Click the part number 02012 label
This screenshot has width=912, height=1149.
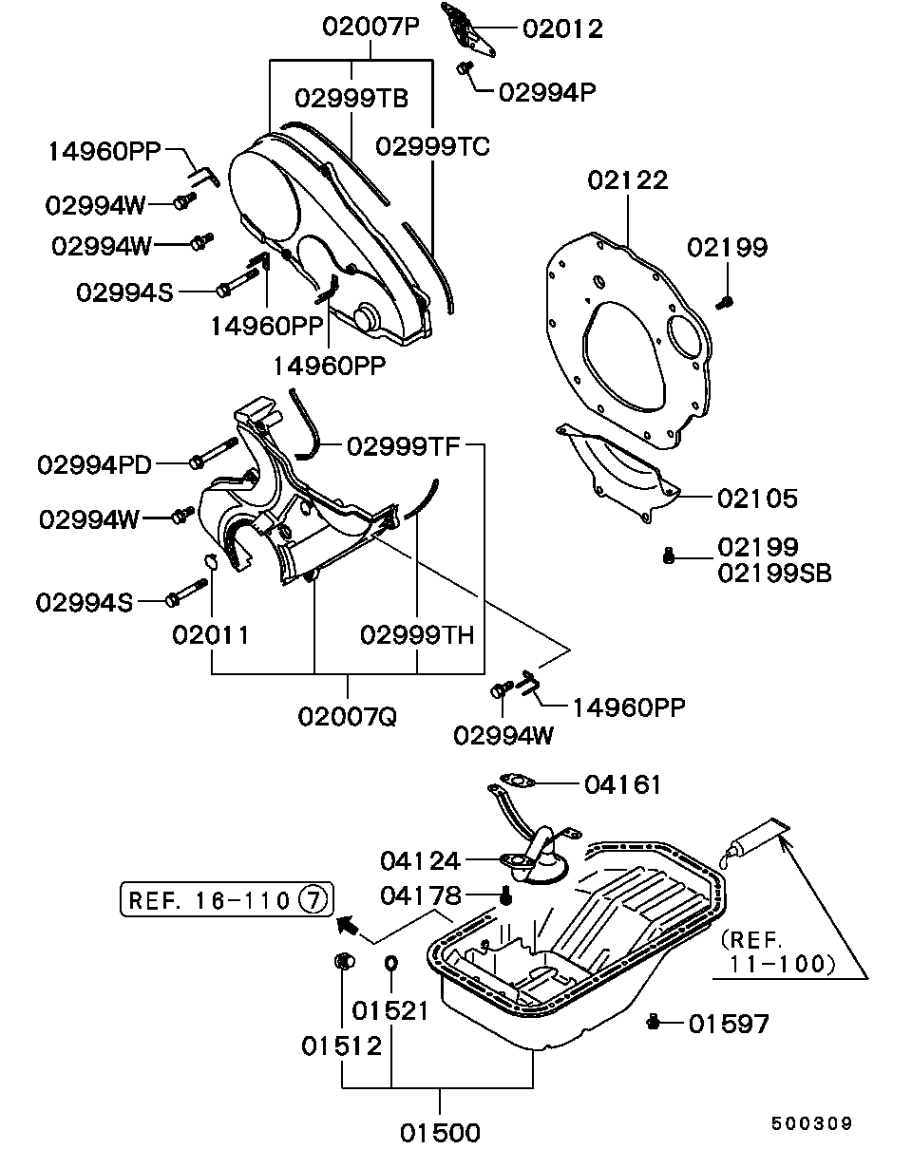(x=562, y=28)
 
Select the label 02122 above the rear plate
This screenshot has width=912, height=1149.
(x=627, y=179)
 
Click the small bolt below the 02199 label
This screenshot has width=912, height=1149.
(x=724, y=303)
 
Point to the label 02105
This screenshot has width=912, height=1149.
(x=757, y=498)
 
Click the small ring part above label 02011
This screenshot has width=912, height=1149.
(x=213, y=559)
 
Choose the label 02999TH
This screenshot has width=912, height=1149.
(x=416, y=634)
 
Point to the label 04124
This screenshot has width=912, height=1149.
(x=420, y=860)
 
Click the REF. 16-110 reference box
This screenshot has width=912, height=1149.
(x=226, y=898)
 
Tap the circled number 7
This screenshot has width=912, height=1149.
(x=313, y=898)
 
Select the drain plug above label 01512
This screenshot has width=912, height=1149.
(x=343, y=962)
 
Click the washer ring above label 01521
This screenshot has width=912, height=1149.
(x=390, y=965)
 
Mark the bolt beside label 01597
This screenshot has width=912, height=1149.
(x=653, y=1022)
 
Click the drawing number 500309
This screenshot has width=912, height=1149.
(x=810, y=1123)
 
